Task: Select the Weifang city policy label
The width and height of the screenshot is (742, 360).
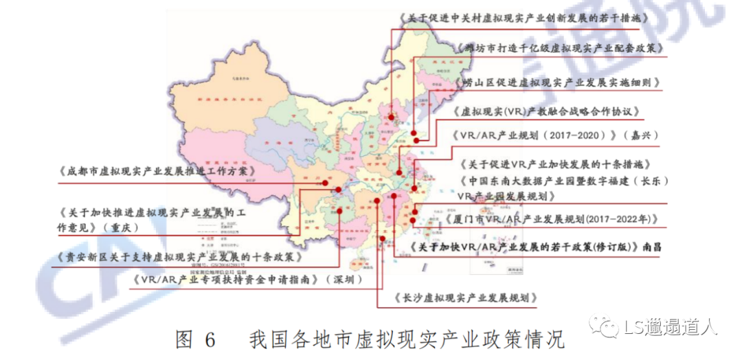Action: pyautogui.click(x=559, y=49)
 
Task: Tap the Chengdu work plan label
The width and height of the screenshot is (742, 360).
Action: pyautogui.click(x=157, y=171)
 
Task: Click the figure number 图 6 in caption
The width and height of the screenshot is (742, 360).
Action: pyautogui.click(x=196, y=339)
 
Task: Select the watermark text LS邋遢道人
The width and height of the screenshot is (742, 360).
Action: pyautogui.click(x=670, y=328)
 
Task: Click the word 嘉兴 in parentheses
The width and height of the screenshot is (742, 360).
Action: pyautogui.click(x=638, y=135)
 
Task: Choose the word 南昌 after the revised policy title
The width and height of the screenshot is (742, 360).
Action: pyautogui.click(x=655, y=246)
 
